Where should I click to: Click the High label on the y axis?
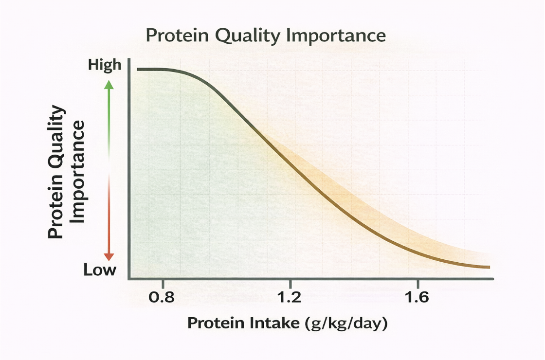point(105,65)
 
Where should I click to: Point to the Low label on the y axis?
point(100,270)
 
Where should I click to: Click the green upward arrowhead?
point(109,84)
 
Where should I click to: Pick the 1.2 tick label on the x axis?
point(290,297)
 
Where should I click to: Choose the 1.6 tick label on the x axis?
point(417,297)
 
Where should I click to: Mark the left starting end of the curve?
point(139,70)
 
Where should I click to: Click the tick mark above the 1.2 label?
point(290,283)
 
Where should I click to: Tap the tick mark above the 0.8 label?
point(163,283)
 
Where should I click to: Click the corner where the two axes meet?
point(128,279)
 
